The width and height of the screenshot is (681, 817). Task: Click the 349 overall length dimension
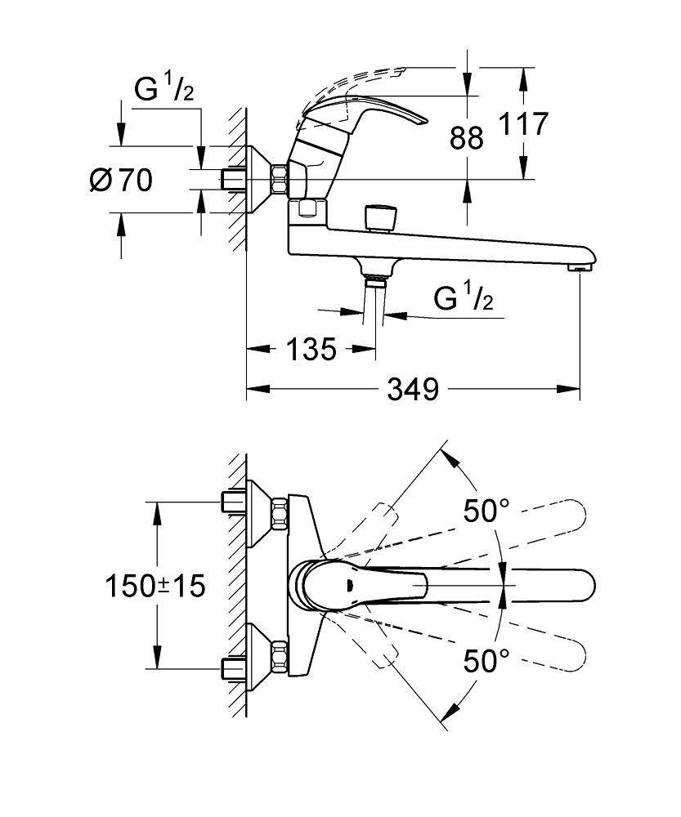click(413, 390)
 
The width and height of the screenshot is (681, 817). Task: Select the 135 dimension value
click(311, 350)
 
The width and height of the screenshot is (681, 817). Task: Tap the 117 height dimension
click(522, 125)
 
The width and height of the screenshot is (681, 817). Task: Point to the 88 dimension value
click(466, 136)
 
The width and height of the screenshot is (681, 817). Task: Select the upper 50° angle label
click(486, 511)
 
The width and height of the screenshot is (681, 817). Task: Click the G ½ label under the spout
click(463, 300)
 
